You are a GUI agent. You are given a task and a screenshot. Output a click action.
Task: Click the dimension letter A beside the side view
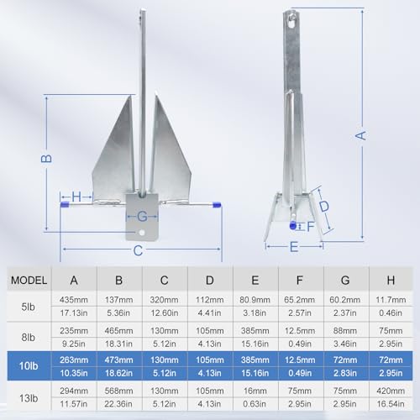[360, 135]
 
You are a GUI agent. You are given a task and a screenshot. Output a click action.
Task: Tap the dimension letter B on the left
[46, 159]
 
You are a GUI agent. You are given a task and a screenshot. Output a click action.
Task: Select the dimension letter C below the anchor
[138, 250]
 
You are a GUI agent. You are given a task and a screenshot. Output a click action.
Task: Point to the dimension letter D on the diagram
[324, 206]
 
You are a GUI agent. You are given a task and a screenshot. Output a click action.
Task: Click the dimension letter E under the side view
[294, 247]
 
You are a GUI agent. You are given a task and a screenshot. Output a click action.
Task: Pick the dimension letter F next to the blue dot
[311, 227]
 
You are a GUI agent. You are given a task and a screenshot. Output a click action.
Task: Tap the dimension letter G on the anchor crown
[142, 217]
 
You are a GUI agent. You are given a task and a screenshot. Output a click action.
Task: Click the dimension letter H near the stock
[76, 197]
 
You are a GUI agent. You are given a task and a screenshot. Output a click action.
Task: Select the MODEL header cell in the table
[29, 280]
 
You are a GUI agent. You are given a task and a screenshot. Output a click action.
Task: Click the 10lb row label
[29, 366]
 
